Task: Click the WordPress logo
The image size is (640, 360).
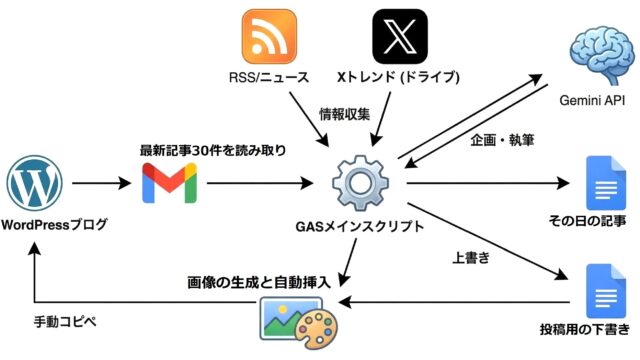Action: click(35, 184)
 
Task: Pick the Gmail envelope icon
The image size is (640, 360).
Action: click(169, 184)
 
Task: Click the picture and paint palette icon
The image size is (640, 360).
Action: click(298, 318)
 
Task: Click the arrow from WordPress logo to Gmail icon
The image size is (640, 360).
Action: click(100, 184)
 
